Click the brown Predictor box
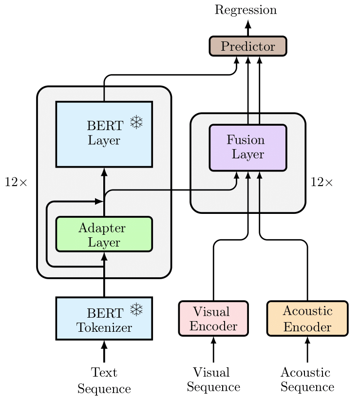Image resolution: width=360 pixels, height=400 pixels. point(247,46)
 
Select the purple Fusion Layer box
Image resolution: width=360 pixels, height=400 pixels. point(247,148)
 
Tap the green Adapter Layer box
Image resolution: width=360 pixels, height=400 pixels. point(104,234)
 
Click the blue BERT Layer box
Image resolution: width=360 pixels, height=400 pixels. point(104,134)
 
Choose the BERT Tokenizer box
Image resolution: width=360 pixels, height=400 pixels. point(104,318)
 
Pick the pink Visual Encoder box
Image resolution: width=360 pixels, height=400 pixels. point(213,319)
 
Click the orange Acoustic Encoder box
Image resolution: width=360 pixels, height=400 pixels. point(307,319)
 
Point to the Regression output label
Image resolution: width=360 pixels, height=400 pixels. point(246,10)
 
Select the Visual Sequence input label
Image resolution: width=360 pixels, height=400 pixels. point(213,380)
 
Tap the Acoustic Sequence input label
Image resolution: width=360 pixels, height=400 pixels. point(307,380)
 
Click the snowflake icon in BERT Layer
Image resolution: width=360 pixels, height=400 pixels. point(136,123)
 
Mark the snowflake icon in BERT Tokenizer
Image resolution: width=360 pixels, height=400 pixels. point(136,309)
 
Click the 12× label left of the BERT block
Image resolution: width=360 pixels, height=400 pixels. point(17,182)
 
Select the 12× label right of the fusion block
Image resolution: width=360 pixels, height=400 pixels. point(322,182)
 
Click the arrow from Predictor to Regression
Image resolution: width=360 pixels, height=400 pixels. point(247,28)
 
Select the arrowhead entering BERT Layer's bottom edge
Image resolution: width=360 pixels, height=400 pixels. point(104,171)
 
